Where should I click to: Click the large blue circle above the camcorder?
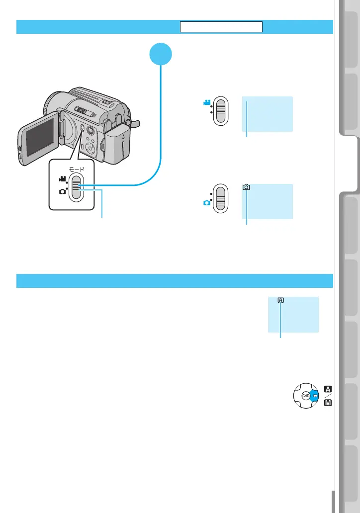[x=161, y=54]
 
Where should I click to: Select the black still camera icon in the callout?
[x=62, y=191]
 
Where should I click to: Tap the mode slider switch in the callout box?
[x=76, y=185]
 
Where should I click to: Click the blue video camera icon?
[x=206, y=102]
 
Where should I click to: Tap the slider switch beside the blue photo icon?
[x=221, y=199]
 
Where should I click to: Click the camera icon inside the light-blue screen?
[x=247, y=187]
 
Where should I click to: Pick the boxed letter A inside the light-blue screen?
[x=280, y=300]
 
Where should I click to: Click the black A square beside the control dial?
[x=328, y=389]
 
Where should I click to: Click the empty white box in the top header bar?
[x=221, y=27]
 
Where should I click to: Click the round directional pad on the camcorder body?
[x=90, y=149]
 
